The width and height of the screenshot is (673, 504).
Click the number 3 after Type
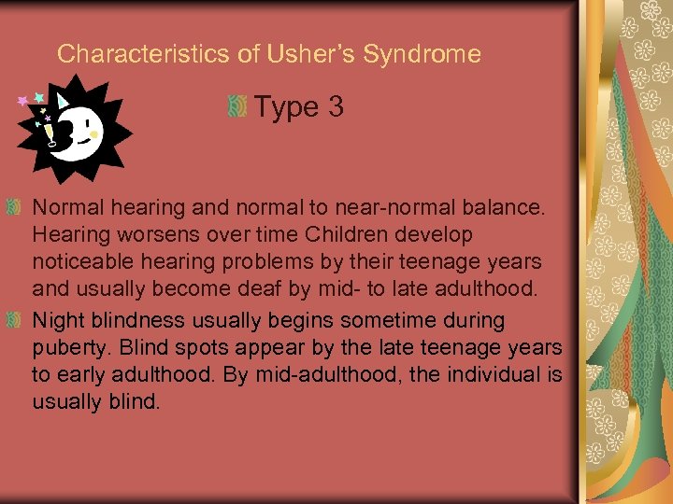(336, 107)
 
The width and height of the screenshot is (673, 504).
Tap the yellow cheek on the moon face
(93, 133)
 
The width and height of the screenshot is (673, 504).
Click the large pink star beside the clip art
(21, 101)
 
